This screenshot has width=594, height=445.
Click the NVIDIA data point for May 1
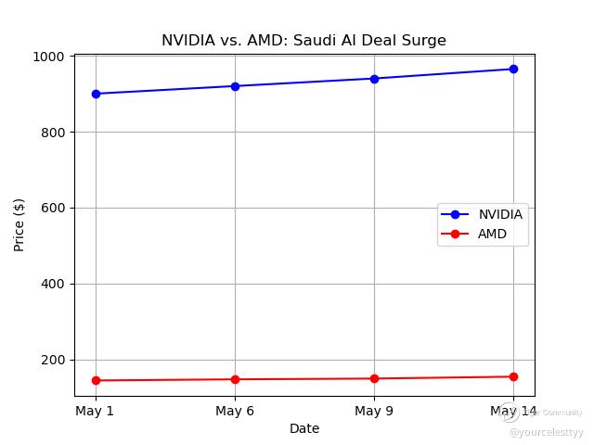pos(96,94)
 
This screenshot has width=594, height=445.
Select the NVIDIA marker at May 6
pos(235,86)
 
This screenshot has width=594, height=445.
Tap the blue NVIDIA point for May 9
pos(374,79)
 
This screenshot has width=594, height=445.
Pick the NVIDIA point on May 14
pos(513,69)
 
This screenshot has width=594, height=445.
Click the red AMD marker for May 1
pos(96,380)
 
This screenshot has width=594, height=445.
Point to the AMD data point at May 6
pos(235,379)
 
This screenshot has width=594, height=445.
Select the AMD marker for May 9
pos(374,378)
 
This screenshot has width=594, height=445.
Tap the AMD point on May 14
pos(513,376)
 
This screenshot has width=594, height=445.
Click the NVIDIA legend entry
pos(499,214)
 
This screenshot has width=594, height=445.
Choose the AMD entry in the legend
pos(492,235)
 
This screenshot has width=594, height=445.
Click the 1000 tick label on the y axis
pos(48,57)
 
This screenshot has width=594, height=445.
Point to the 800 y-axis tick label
pos(52,133)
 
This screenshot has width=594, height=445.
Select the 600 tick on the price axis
pos(52,209)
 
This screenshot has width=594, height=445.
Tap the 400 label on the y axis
pos(52,285)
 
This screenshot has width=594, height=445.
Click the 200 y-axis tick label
pos(52,360)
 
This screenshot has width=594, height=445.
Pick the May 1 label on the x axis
pos(96,411)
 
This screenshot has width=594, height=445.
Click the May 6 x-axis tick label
pos(235,411)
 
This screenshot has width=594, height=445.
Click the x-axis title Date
pos(304,428)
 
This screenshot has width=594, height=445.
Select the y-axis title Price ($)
pos(19,225)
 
